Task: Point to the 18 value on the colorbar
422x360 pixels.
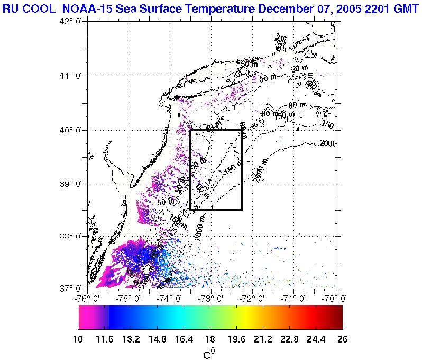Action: coord(210,339)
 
